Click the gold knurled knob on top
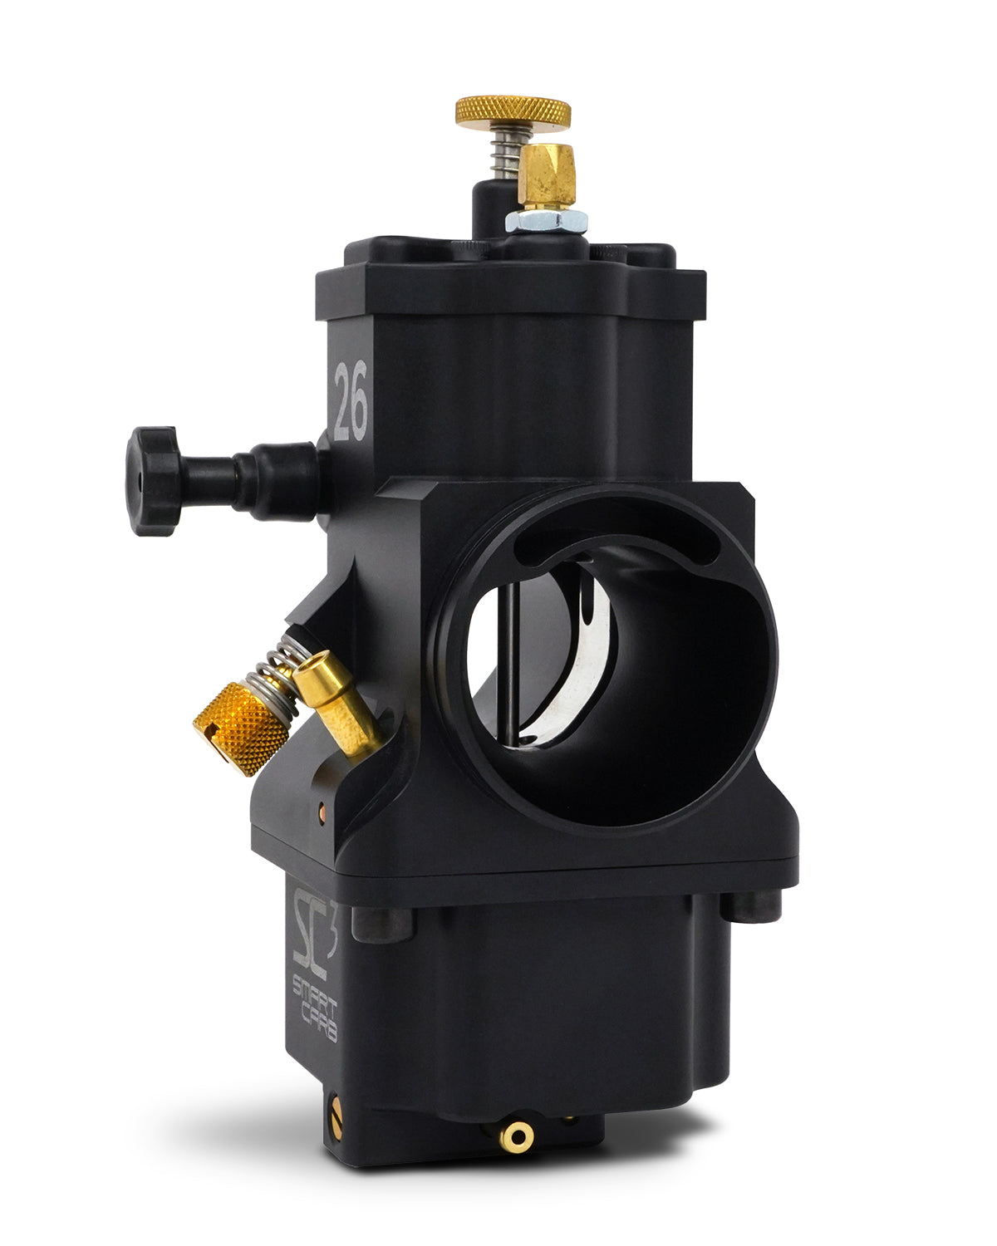[x=513, y=112]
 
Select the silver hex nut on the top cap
[x=546, y=221]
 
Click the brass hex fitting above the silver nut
[x=547, y=176]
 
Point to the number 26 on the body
[x=351, y=400]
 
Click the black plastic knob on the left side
[x=154, y=481]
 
